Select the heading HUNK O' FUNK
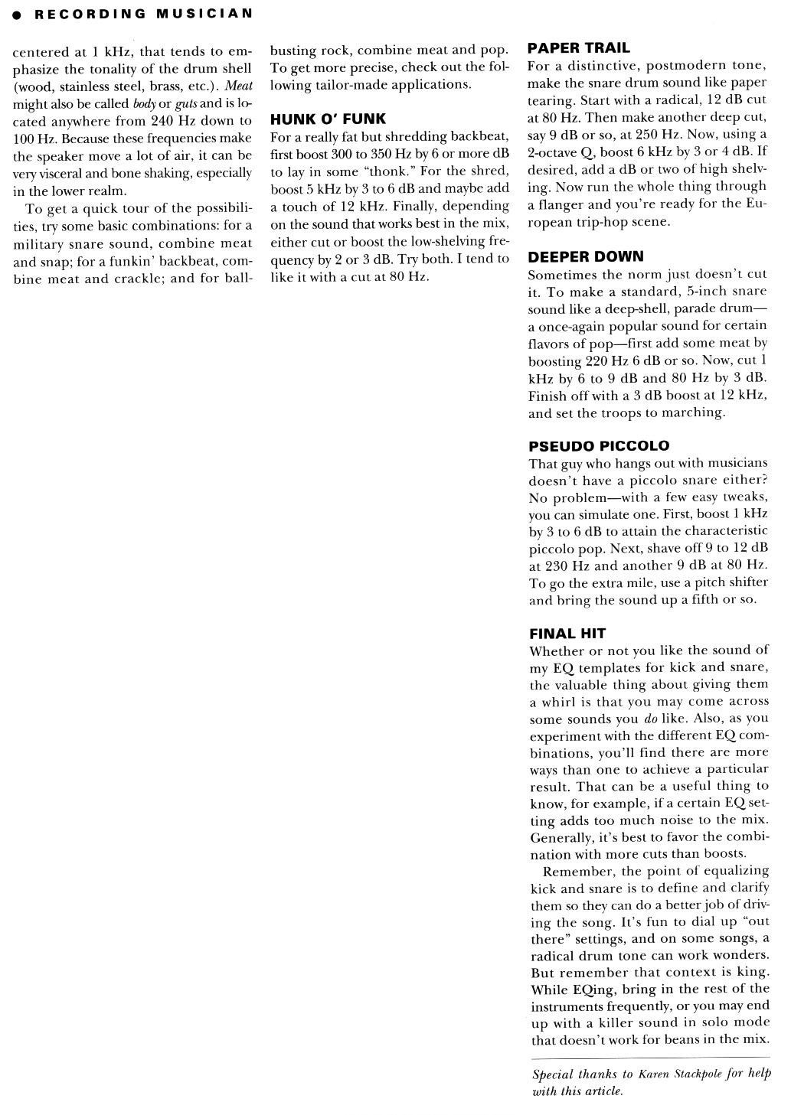point(328,119)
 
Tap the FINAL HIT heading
point(567,633)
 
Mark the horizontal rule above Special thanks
point(650,1057)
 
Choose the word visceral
point(63,174)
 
